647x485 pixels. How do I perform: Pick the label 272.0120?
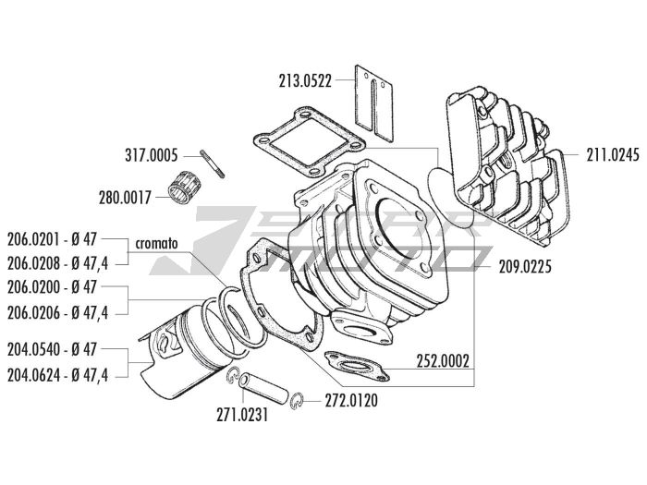coord(351,401)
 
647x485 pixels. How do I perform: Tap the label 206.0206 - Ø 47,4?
coord(56,313)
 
